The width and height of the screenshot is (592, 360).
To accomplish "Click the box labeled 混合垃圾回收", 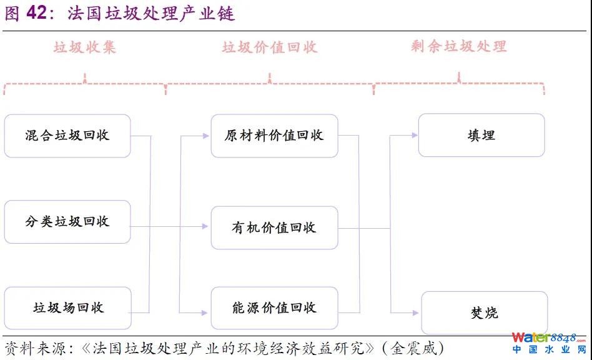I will tap(67, 136).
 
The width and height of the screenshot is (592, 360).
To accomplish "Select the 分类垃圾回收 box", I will tap(67, 222).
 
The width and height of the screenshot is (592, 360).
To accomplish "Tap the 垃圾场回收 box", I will tap(67, 307).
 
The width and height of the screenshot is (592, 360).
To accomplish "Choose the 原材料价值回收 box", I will tap(274, 136).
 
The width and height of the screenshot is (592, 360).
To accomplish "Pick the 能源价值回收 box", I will tap(274, 307).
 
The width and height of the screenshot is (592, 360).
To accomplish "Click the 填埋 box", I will tap(481, 136).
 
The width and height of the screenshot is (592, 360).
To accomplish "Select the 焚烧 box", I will tap(485, 312).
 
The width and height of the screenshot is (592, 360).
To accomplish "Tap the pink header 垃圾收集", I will tap(84, 47).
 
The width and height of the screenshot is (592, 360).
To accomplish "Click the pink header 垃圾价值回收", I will tap(270, 47).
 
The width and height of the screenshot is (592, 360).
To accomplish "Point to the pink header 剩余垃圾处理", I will tap(459, 46).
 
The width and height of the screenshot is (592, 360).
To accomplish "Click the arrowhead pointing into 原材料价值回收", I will tap(205, 135).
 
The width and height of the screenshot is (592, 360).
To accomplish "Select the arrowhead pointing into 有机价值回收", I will tap(205, 226).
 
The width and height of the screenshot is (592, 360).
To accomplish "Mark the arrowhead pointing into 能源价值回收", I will tap(205, 312).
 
